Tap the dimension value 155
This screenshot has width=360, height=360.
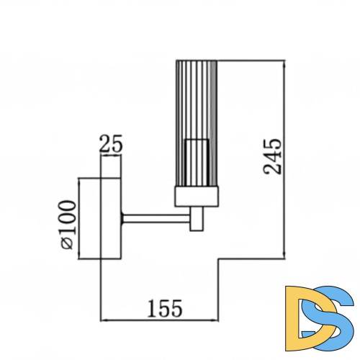[165, 308]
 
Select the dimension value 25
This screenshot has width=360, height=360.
[111, 144]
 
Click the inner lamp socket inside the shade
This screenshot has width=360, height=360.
[197, 163]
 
